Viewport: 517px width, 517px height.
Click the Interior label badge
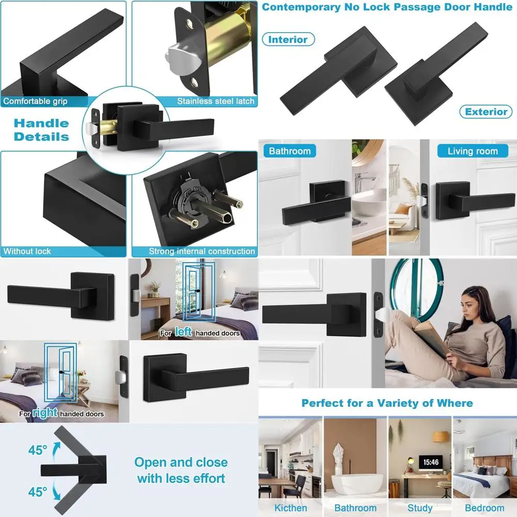288,39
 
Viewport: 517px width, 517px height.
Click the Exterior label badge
486,112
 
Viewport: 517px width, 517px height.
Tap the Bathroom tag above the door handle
290,151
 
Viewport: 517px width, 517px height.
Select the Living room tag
472,151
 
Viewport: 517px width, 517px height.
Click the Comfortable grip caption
35,101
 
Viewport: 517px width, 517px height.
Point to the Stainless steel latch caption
216,101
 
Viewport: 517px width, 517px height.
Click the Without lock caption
27,251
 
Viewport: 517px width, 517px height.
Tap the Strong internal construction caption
202,251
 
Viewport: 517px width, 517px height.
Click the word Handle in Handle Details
41,123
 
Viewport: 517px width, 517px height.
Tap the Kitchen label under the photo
291,508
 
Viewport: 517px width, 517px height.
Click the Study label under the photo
420,508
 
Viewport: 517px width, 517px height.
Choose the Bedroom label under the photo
484,508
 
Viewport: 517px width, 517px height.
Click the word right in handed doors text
45,413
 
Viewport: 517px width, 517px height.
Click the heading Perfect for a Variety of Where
387,403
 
